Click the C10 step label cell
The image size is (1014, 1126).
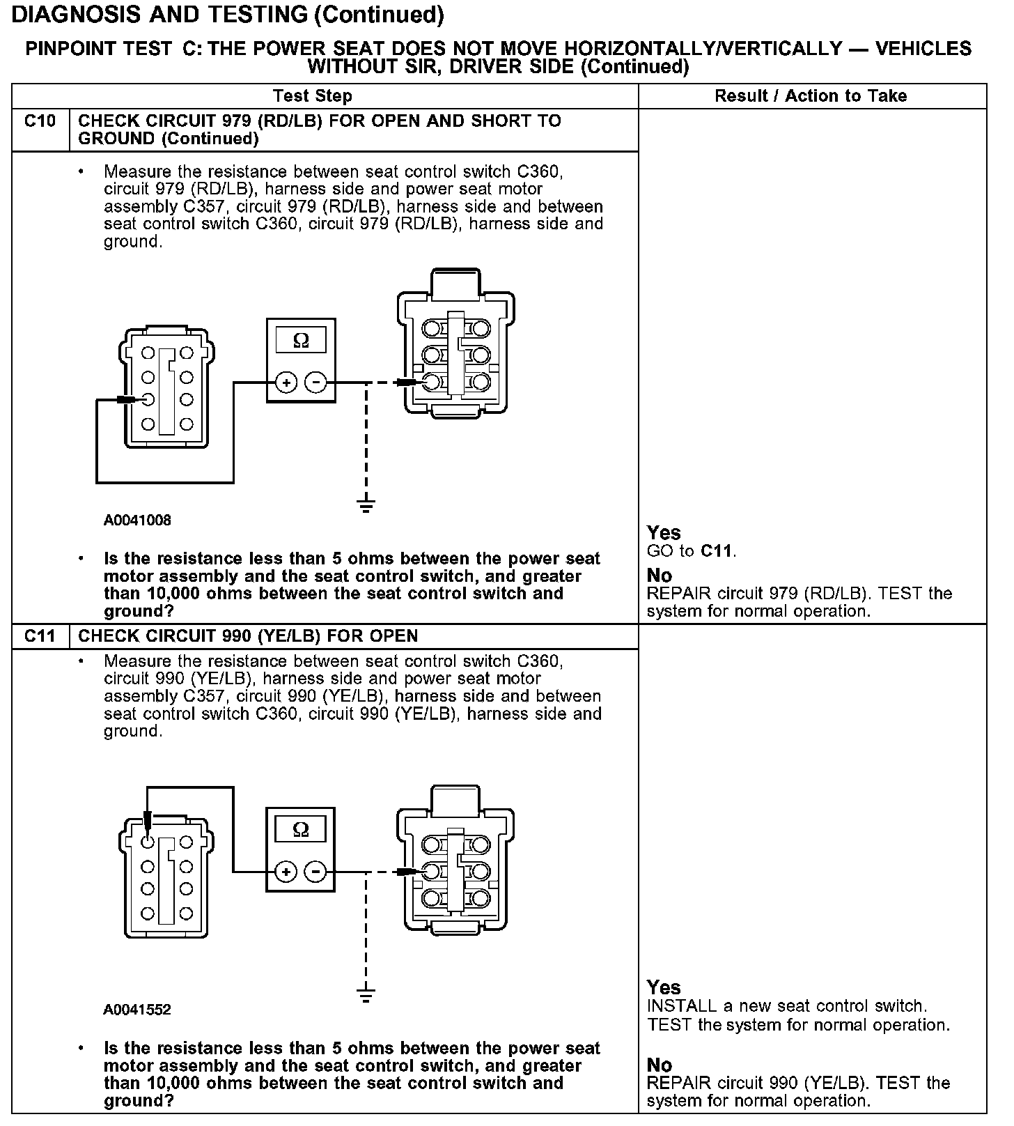point(40,122)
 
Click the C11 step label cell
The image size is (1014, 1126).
point(40,636)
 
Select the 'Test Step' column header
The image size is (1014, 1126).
point(313,96)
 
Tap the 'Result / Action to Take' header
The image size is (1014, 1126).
point(811,96)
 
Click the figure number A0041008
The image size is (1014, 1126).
point(137,520)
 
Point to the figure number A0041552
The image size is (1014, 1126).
point(137,1010)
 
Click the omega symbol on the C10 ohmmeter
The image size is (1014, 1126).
point(301,341)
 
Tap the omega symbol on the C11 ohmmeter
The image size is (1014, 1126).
point(301,829)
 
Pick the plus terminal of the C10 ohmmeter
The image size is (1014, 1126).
point(286,383)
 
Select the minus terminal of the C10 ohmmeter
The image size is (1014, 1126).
point(316,383)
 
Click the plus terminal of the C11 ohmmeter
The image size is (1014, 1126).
point(286,872)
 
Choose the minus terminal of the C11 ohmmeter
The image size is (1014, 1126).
point(316,872)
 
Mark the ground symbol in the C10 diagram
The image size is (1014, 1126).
point(366,505)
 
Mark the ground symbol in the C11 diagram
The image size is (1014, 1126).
point(366,994)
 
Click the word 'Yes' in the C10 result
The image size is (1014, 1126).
point(664,533)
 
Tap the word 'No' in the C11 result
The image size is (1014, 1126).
point(659,1065)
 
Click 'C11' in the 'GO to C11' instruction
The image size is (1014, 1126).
point(717,552)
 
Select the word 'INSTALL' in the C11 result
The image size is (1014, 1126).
point(682,1006)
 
